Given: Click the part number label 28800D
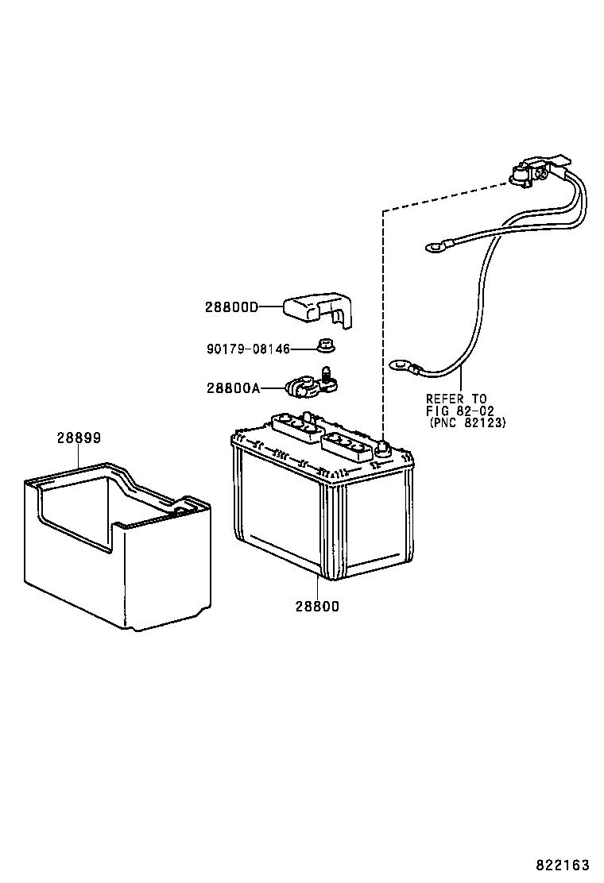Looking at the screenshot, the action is (231, 307).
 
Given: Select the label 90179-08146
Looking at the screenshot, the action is (248, 349).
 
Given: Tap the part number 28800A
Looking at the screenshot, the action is (234, 388).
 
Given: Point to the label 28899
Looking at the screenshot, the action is (79, 438).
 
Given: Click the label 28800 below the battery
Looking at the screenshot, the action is (317, 607).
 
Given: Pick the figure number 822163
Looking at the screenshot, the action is (562, 865).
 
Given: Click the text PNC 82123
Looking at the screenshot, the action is (467, 422).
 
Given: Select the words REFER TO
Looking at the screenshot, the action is (456, 399).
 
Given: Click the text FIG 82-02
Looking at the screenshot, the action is (460, 411).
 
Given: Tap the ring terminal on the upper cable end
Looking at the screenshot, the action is (435, 246).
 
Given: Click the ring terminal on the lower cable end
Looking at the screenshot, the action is (401, 367).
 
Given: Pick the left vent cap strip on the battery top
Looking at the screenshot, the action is (295, 426).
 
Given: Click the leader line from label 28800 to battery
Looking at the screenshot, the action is (318, 588).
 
